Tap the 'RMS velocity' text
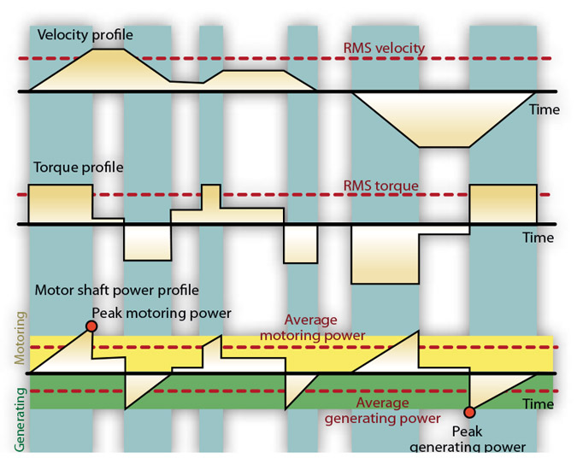click(x=384, y=48)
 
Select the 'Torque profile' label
click(x=78, y=167)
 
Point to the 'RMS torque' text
click(x=380, y=185)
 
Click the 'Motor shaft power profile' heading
click(x=116, y=290)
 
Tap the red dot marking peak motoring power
click(x=91, y=326)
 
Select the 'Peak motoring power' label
click(x=162, y=313)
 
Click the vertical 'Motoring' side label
click(x=21, y=338)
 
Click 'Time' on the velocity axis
click(x=544, y=109)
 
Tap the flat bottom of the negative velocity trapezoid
click(x=445, y=145)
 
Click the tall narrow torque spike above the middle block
click(x=211, y=195)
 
